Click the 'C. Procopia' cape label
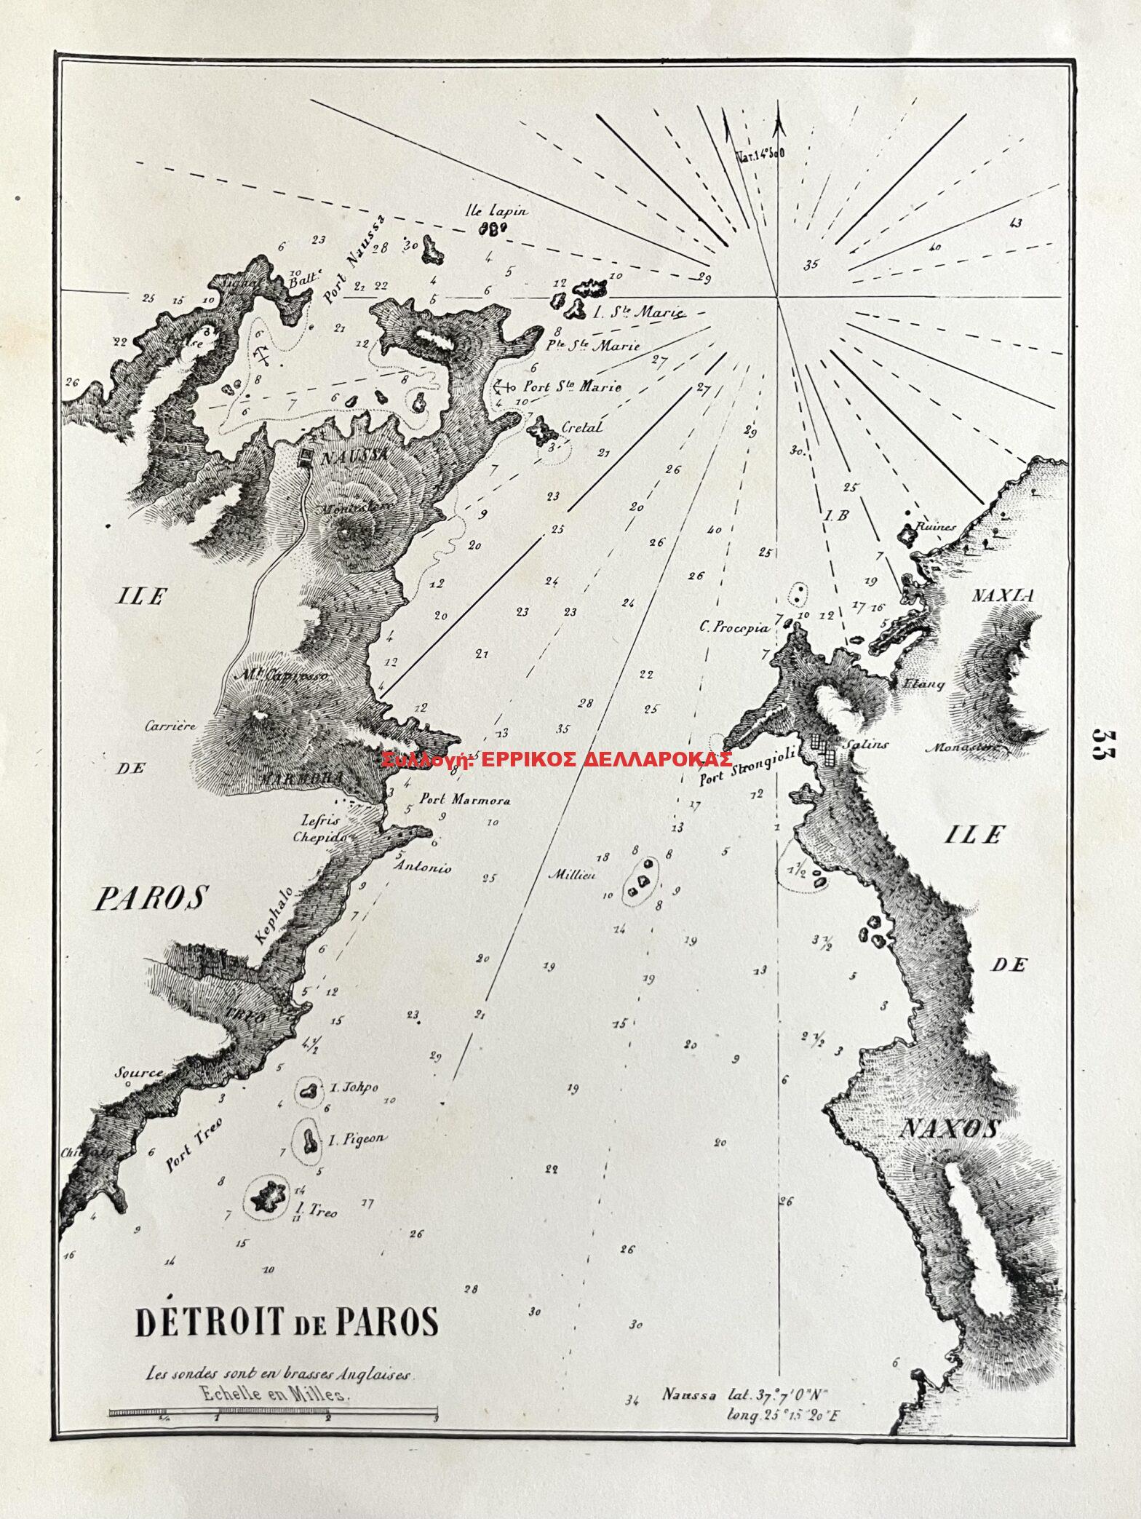(728, 624)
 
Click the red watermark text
(557, 759)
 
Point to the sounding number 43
(1017, 223)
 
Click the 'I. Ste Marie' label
(638, 314)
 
